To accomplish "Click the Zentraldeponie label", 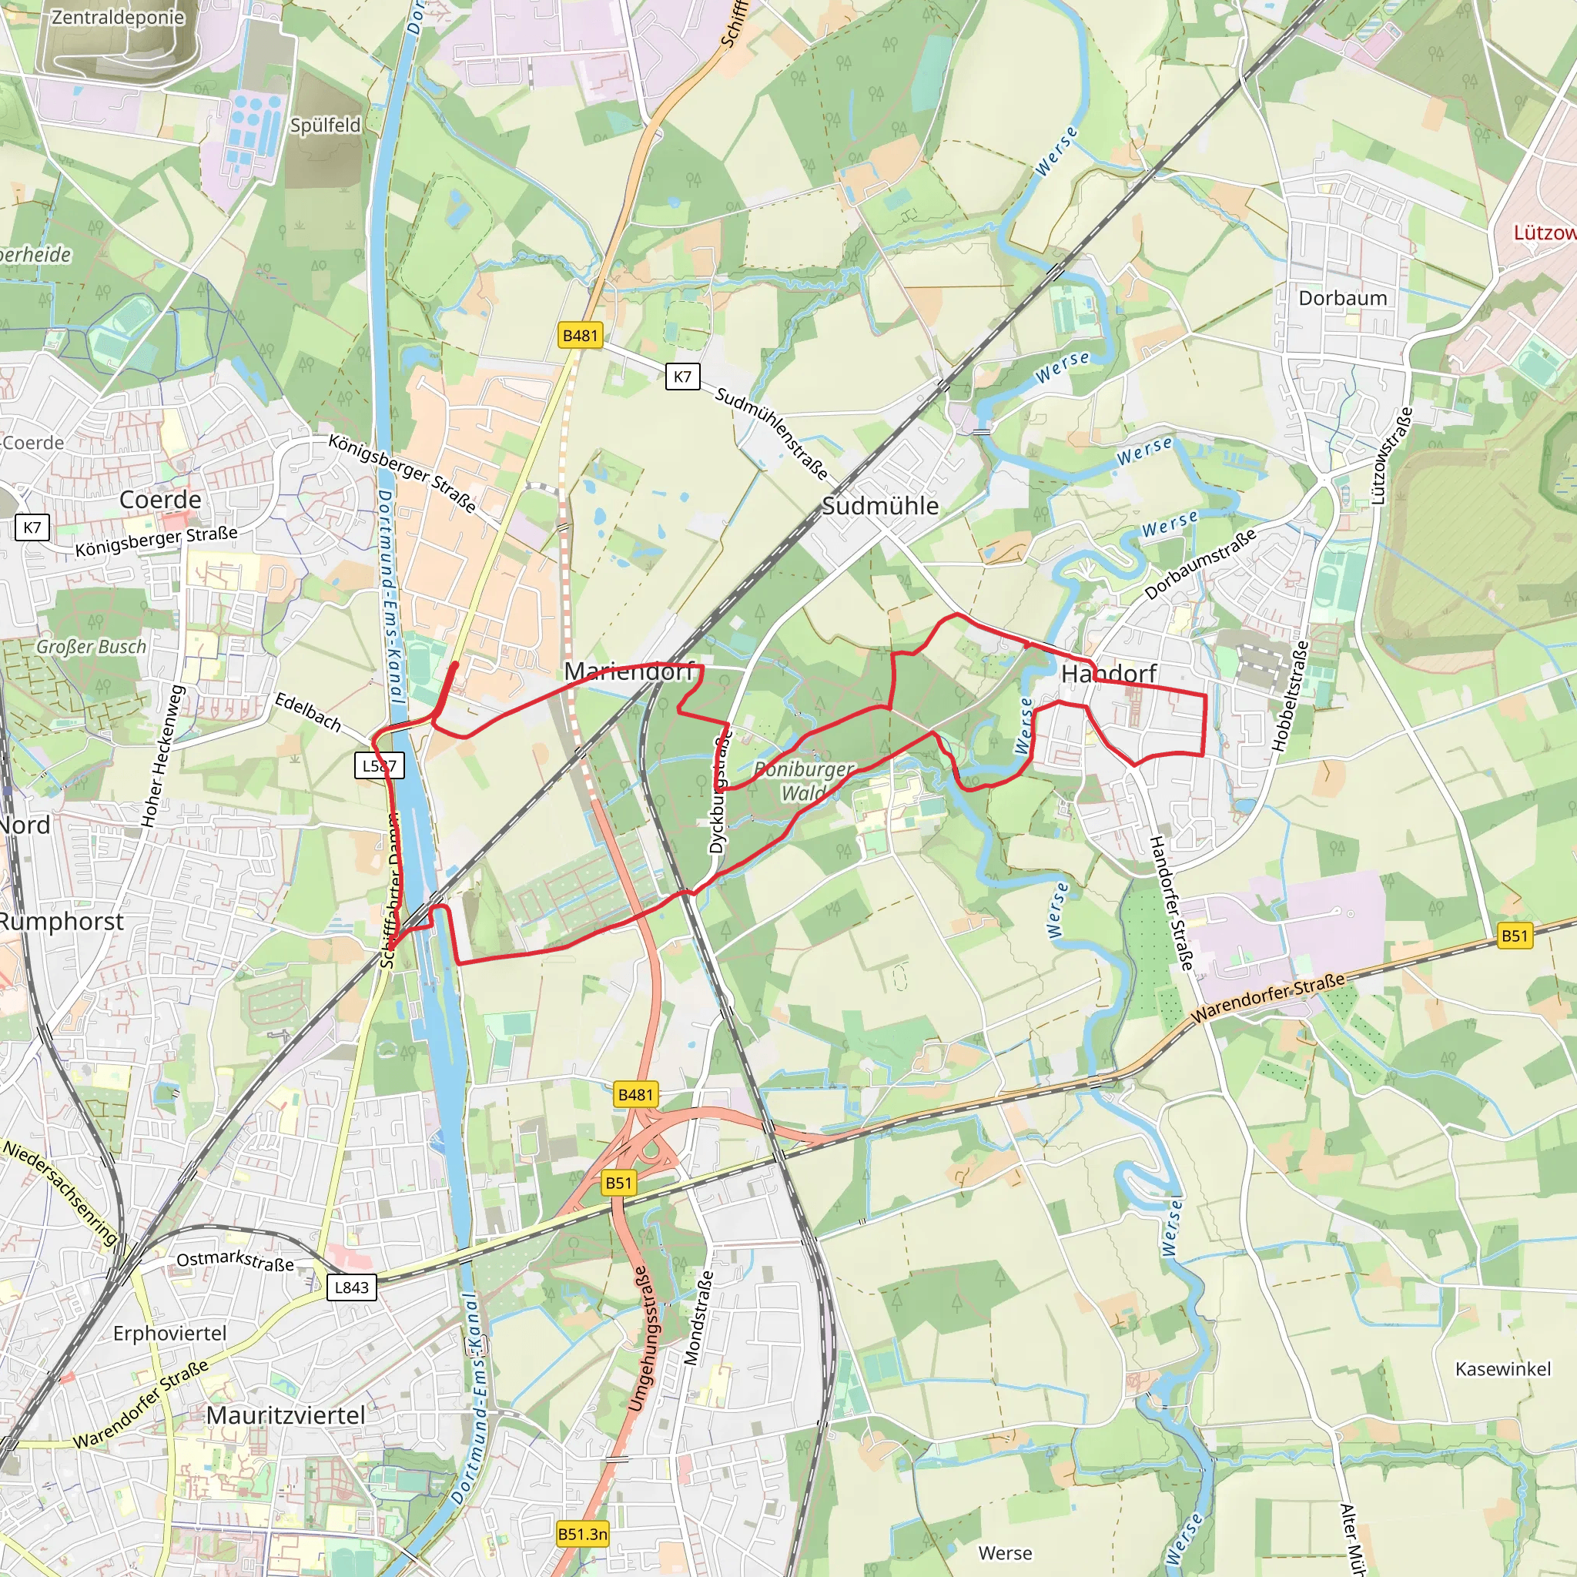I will pos(118,17).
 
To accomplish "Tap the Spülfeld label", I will pos(325,125).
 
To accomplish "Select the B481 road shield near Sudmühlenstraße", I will pos(580,335).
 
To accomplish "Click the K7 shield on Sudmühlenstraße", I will pos(681,377).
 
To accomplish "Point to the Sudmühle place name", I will pos(879,505).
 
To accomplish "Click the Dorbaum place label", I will pos(1342,298).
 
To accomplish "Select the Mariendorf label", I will pos(629,671).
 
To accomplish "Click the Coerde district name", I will pos(160,500).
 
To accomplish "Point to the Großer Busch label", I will pos(91,647).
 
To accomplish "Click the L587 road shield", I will pos(380,765).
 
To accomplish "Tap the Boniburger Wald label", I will pos(803,780).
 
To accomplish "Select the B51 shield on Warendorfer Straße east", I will pos(1513,936).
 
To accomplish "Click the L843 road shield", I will pos(352,1287).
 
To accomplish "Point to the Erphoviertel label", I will pos(169,1333).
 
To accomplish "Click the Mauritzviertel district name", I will pos(285,1415).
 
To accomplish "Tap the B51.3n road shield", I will pos(582,1534).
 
